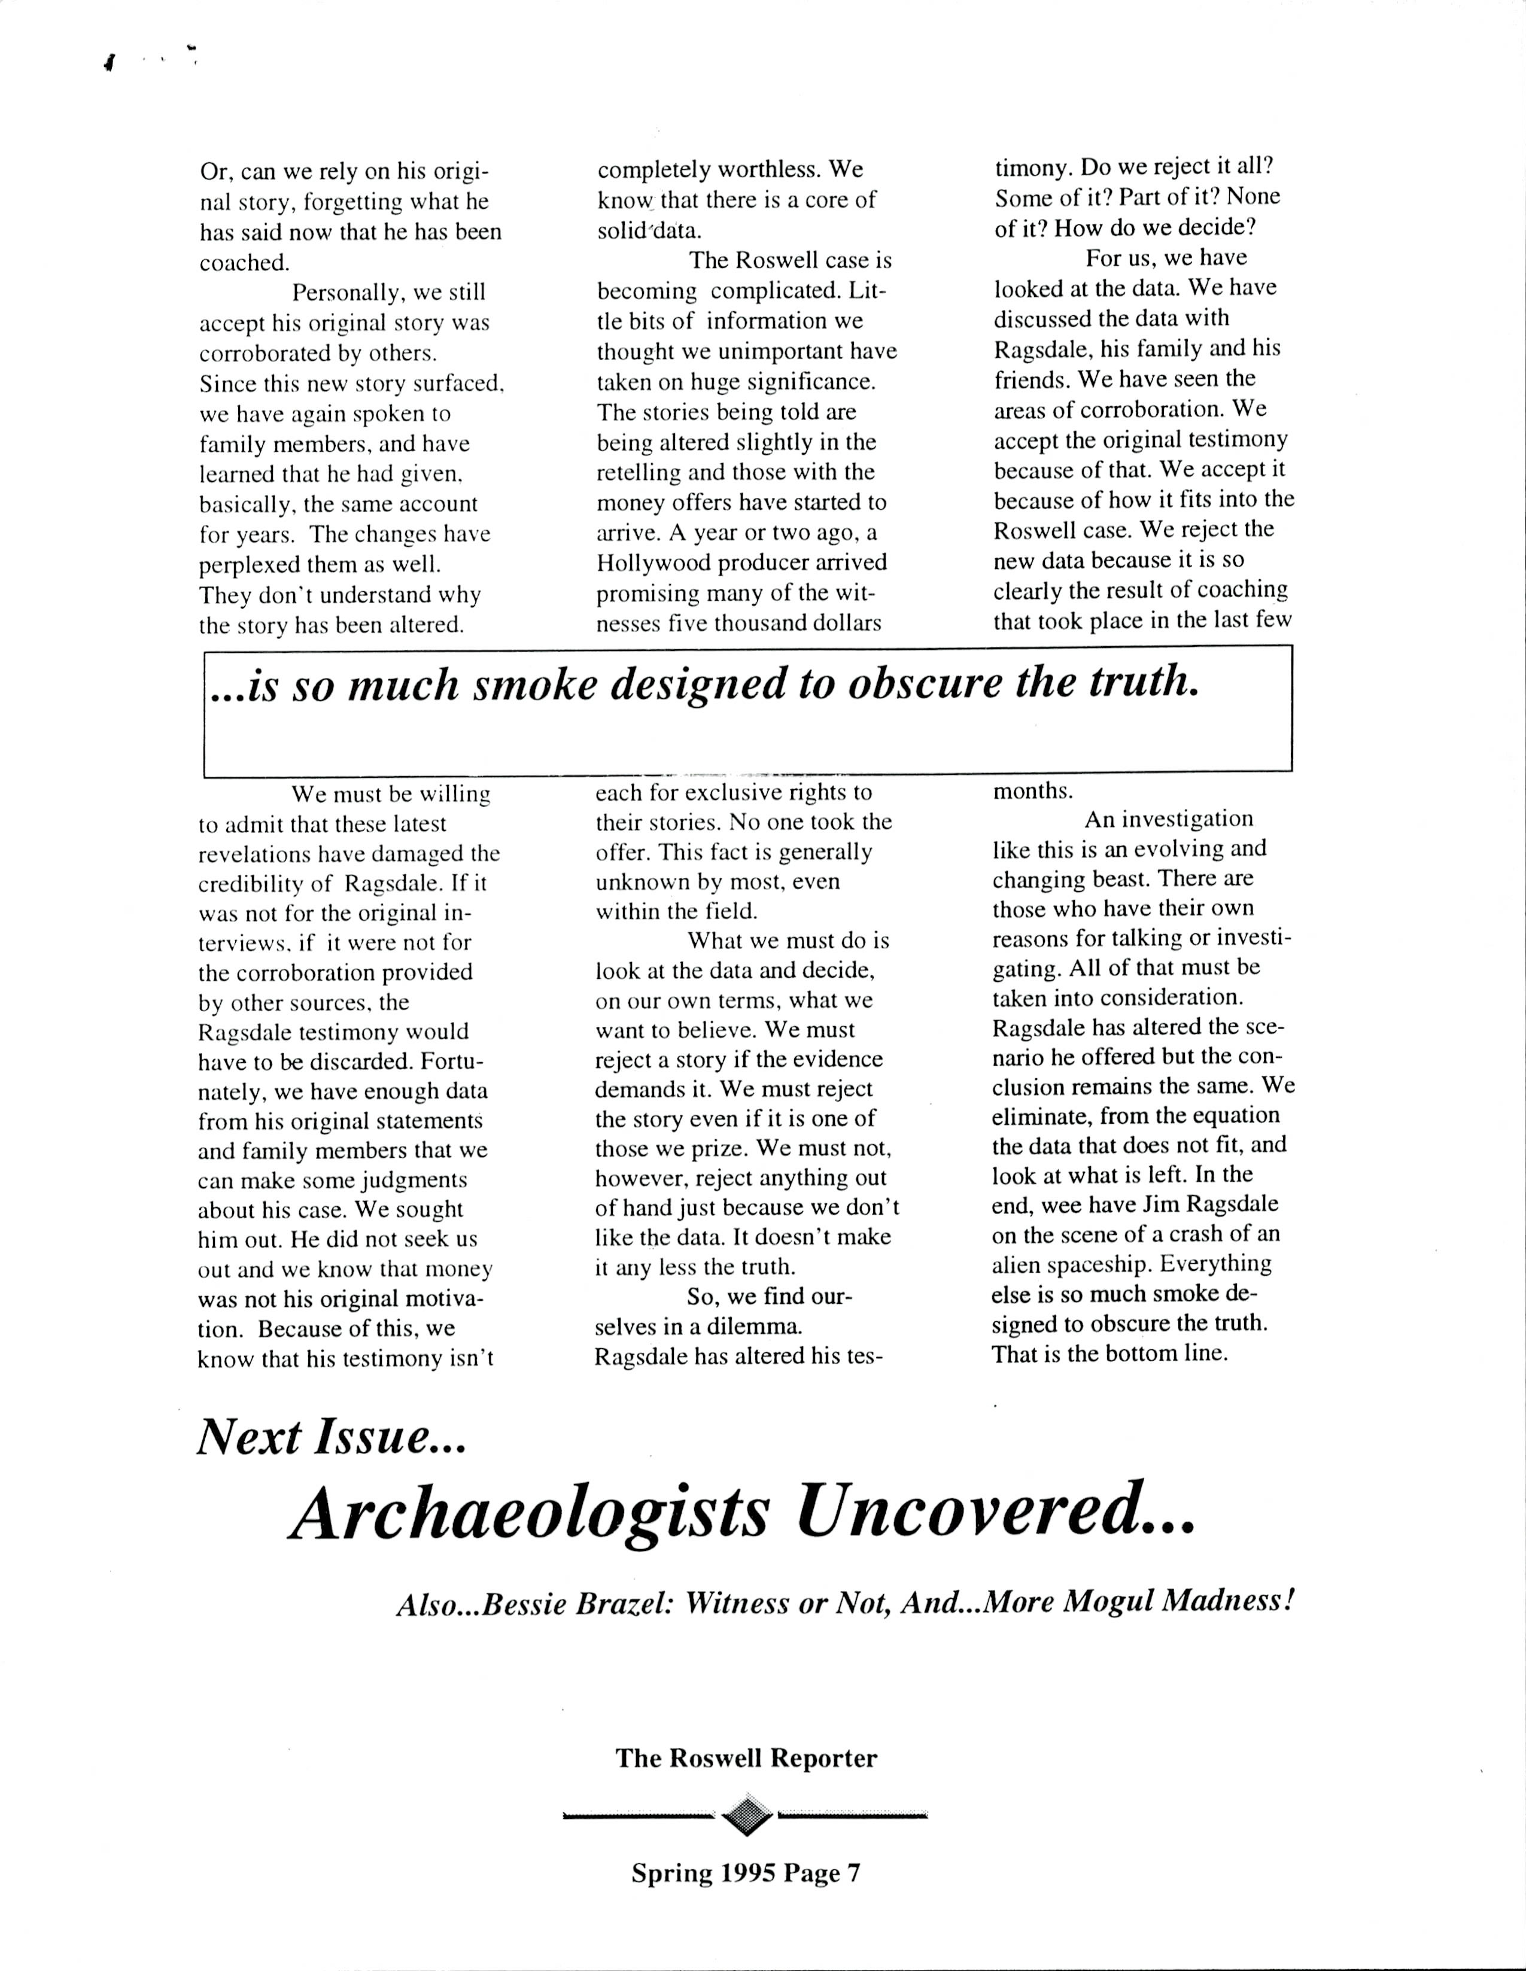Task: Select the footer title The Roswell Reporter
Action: coord(746,1758)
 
